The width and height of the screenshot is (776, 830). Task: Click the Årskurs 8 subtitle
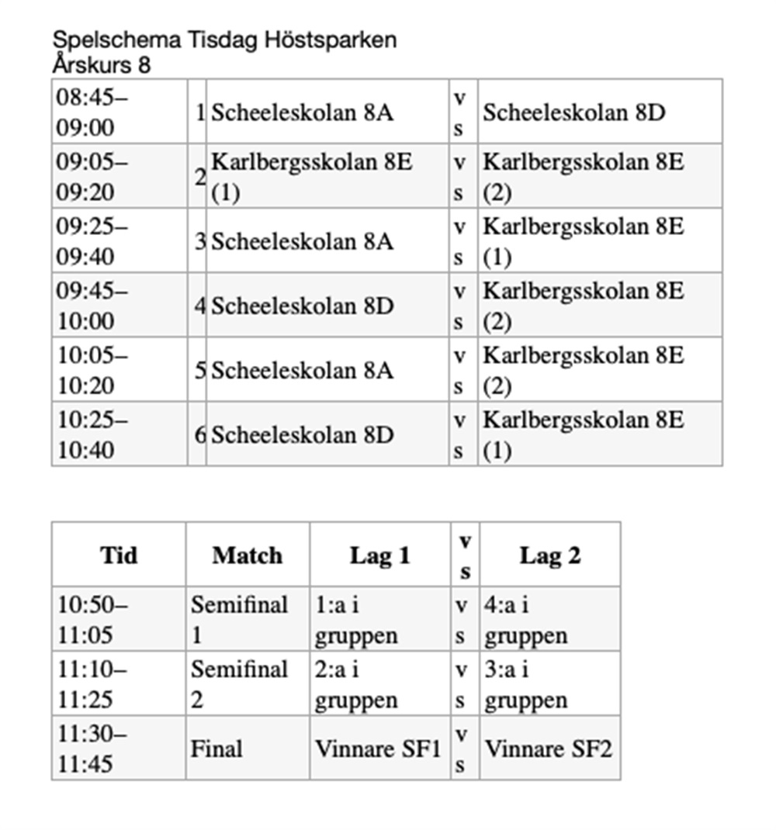tap(102, 65)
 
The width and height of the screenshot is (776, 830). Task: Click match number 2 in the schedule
tap(200, 177)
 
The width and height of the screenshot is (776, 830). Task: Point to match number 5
tap(200, 370)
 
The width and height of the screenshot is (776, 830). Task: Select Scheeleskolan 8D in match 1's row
tap(574, 112)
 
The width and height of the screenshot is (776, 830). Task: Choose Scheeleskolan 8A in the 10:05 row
tap(303, 370)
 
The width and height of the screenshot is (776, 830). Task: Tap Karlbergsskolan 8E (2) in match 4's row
tap(584, 306)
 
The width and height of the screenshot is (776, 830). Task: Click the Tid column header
tap(119, 555)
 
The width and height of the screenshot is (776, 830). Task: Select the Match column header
tap(248, 555)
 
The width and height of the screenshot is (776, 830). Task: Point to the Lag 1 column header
tap(379, 555)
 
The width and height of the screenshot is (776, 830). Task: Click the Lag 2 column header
tap(549, 555)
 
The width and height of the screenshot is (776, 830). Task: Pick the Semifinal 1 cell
tap(239, 619)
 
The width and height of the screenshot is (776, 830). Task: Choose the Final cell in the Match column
tap(217, 749)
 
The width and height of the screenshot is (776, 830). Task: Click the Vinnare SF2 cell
tap(549, 749)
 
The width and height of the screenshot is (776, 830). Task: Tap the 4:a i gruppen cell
tap(526, 619)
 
